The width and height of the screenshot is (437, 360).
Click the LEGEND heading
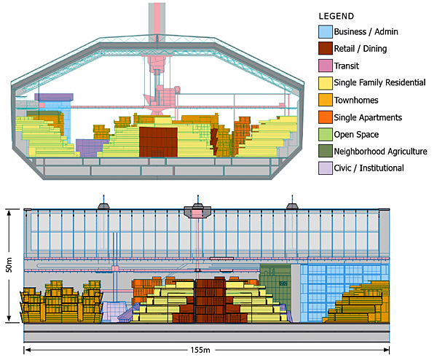point(336,16)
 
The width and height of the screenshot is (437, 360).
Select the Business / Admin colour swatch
point(326,31)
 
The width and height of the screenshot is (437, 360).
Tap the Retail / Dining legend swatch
point(326,49)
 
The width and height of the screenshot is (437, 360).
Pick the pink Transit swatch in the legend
point(326,66)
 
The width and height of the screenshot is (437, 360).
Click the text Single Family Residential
point(379,82)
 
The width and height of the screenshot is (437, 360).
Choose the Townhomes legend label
point(356,100)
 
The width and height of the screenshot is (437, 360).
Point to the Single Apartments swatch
point(326,117)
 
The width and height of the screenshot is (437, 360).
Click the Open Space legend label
point(356,134)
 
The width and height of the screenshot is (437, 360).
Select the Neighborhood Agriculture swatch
point(326,151)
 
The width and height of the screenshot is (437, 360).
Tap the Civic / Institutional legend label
point(369,168)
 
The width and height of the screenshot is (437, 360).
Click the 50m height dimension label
point(9,265)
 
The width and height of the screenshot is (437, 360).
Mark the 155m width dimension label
point(200,350)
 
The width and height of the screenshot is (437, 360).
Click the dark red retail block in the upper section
point(158,141)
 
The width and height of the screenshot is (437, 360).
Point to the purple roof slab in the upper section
point(54,97)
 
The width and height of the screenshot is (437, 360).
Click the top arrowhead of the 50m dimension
point(9,213)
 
